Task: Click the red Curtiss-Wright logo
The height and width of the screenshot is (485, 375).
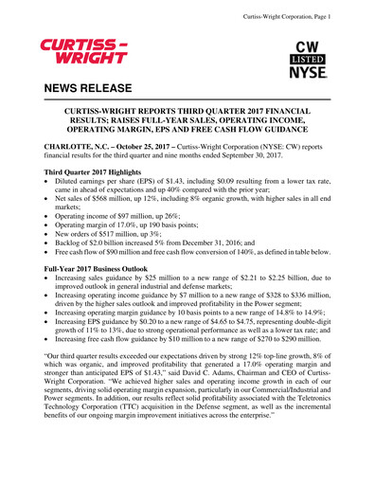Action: [83, 49]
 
